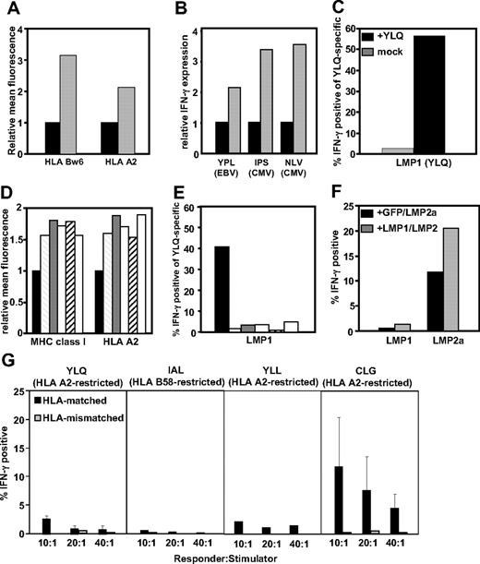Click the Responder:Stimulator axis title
pyautogui.click(x=215, y=558)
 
